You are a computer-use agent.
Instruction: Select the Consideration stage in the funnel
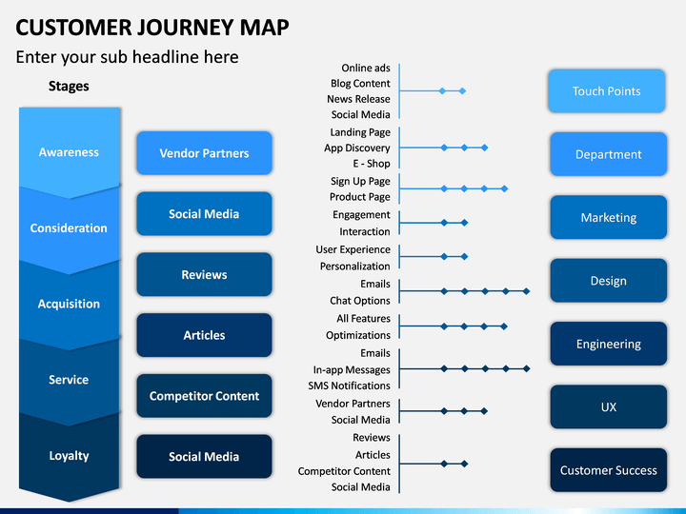coord(69,227)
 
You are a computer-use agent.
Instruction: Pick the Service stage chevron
coord(69,380)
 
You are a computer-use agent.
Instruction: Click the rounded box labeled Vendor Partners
coord(204,153)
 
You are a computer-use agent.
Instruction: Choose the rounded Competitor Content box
coord(204,396)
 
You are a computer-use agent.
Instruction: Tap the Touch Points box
coord(606,91)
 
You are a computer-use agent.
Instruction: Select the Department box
coord(609,154)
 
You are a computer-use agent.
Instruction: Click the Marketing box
coord(609,217)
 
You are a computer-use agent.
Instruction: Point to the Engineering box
coord(609,344)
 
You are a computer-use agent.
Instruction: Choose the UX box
coord(609,407)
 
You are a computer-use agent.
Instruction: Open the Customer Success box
coord(609,470)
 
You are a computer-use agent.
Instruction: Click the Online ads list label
coord(366,68)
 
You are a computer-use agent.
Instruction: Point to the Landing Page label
coord(360,132)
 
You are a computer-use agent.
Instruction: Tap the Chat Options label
coord(360,301)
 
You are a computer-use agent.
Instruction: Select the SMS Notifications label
coord(349,385)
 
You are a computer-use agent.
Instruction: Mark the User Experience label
coord(353,249)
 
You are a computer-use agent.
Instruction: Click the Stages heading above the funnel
coord(69,86)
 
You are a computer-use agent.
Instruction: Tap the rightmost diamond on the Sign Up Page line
coord(504,188)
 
